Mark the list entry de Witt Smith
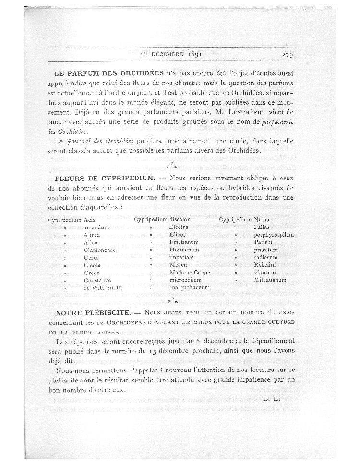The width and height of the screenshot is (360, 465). point(103,287)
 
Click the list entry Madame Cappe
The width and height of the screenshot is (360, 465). point(187,272)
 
